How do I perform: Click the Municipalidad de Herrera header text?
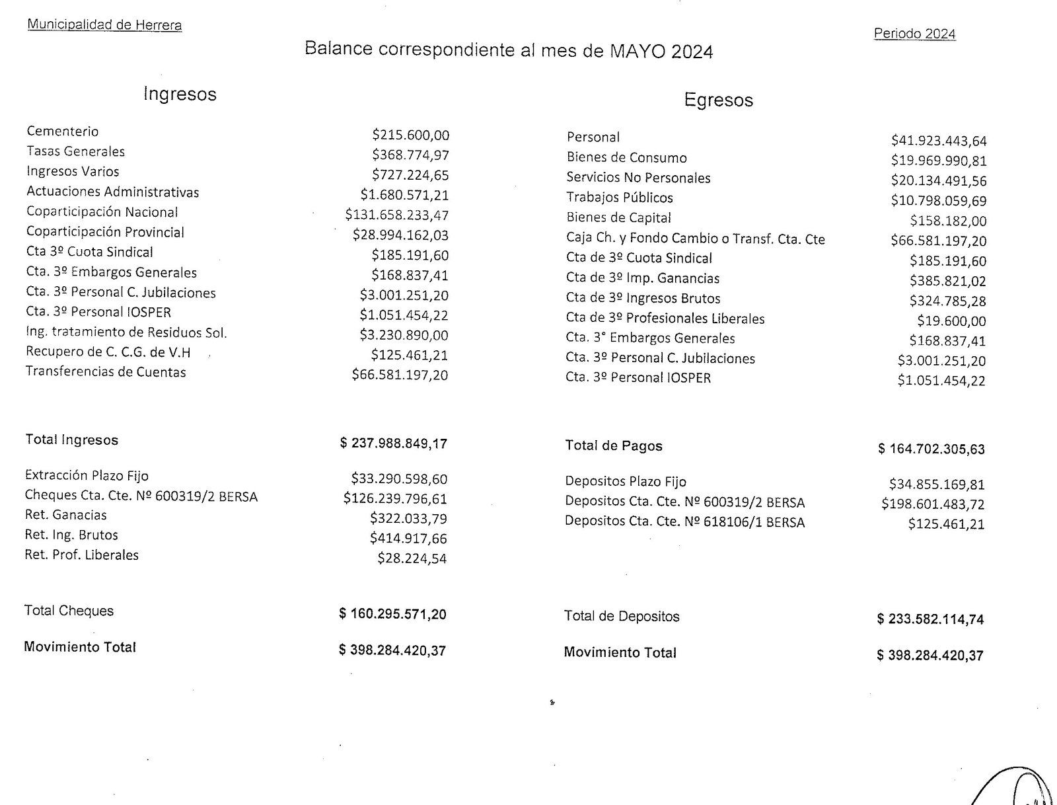pyautogui.click(x=104, y=25)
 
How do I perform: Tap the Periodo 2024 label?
pyautogui.click(x=914, y=34)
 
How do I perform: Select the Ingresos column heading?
pyautogui.click(x=180, y=94)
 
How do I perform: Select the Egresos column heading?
pyautogui.click(x=718, y=100)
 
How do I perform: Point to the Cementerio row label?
pyautogui.click(x=63, y=132)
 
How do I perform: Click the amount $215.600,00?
pyautogui.click(x=410, y=135)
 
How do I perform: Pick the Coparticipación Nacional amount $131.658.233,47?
pyautogui.click(x=396, y=215)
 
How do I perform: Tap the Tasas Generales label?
pyautogui.click(x=75, y=151)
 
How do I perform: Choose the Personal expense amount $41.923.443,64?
pyautogui.click(x=938, y=141)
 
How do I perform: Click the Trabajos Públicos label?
pyautogui.click(x=620, y=198)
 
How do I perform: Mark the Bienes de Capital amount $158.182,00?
pyautogui.click(x=947, y=221)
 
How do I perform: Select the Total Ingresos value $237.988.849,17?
pyautogui.click(x=393, y=443)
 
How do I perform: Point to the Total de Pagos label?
pyautogui.click(x=613, y=446)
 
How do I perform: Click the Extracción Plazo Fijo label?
pyautogui.click(x=87, y=476)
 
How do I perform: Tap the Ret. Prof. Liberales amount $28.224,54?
pyautogui.click(x=412, y=558)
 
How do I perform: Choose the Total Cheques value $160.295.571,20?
pyautogui.click(x=392, y=614)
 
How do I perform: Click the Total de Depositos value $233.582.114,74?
pyautogui.click(x=930, y=619)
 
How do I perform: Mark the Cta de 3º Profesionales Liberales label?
pyautogui.click(x=665, y=319)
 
